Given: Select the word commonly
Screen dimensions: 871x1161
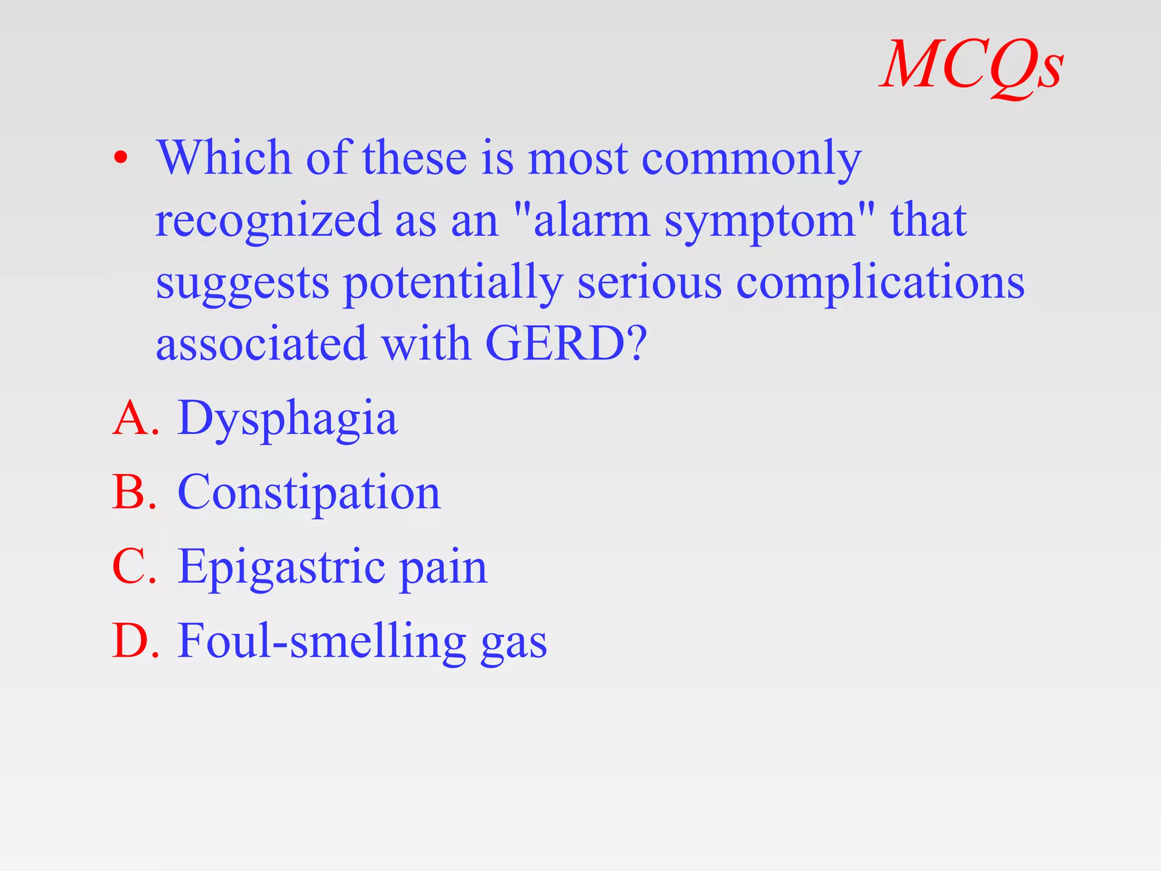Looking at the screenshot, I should tap(751, 159).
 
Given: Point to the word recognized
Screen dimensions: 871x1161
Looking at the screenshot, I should tap(268, 221).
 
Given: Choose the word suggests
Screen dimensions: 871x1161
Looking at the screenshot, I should tap(242, 284).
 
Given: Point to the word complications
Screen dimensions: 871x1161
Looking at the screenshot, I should tap(880, 284).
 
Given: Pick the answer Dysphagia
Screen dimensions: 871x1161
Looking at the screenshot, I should tap(287, 419).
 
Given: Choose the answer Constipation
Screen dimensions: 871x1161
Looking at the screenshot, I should tap(309, 493).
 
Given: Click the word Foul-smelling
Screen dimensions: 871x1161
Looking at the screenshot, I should tap(321, 641).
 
